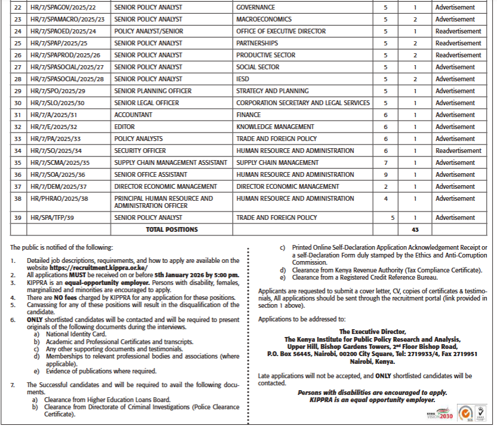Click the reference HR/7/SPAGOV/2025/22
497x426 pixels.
pos(63,8)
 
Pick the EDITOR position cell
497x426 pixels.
pos(125,127)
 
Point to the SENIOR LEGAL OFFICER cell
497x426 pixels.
pos(146,103)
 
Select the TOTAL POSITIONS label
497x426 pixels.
pos(171,229)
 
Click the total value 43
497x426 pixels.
pos(415,229)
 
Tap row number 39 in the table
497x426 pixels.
pos(18,218)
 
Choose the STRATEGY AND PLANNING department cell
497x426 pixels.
pos(272,91)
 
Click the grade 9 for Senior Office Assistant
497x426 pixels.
pos(385,175)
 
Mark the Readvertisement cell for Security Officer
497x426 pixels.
pos(458,151)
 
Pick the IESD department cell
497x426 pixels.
pos(243,79)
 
